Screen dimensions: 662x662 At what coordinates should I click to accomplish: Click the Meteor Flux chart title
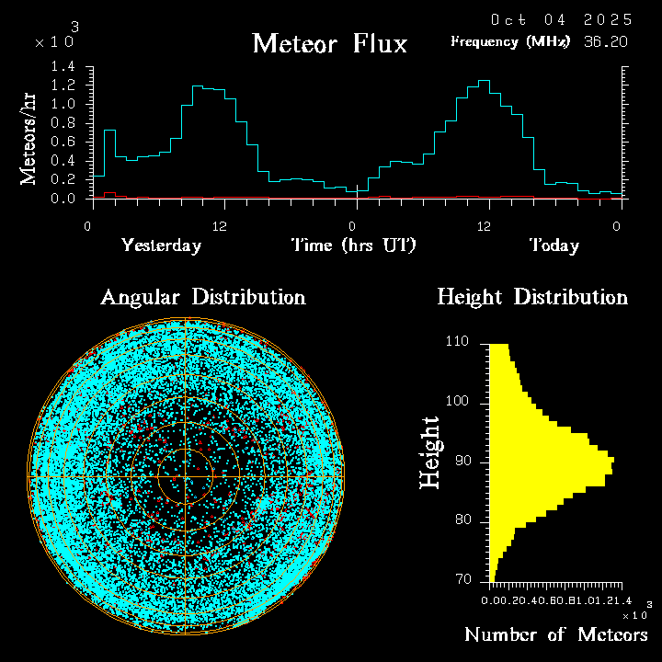click(x=329, y=43)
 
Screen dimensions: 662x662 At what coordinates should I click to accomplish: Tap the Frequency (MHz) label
click(x=509, y=41)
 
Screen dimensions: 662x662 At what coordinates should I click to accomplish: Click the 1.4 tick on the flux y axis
click(x=63, y=66)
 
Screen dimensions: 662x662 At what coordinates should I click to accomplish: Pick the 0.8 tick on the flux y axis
click(x=63, y=123)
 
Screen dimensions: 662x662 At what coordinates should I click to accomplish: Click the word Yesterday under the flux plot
click(x=161, y=245)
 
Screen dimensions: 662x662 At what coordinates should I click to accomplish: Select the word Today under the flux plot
click(x=554, y=245)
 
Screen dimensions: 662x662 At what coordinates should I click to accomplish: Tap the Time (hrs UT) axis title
click(x=354, y=245)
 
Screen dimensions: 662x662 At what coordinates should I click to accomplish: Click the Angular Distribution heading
click(x=202, y=297)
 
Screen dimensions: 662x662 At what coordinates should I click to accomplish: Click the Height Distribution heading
click(x=532, y=297)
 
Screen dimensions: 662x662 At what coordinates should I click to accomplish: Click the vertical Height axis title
click(x=429, y=452)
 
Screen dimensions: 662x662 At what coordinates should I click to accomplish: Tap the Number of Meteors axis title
click(x=555, y=635)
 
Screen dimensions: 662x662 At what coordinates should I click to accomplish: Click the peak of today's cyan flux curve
click(x=484, y=81)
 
